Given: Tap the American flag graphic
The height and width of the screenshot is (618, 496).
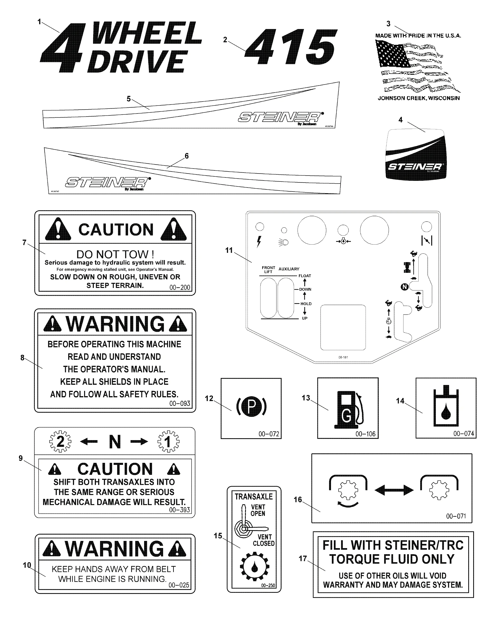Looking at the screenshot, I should pyautogui.click(x=416, y=66).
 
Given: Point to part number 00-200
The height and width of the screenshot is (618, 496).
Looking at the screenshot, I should pyautogui.click(x=180, y=287).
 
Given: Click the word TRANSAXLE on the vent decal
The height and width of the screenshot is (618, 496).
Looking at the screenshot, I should pyautogui.click(x=254, y=496).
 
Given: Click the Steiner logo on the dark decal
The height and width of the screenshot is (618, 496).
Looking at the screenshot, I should pyautogui.click(x=415, y=167).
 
